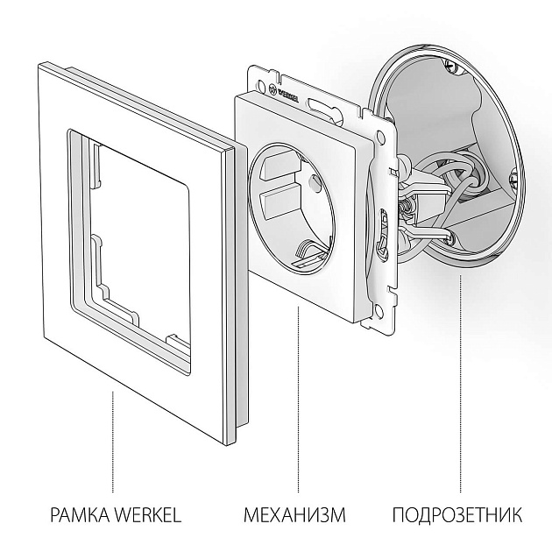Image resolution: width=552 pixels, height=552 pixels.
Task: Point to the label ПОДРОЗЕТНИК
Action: [x=456, y=513]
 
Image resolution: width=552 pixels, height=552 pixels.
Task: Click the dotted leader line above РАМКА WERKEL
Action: [x=112, y=438]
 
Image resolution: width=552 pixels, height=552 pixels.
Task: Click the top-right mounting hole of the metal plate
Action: [x=379, y=138]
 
